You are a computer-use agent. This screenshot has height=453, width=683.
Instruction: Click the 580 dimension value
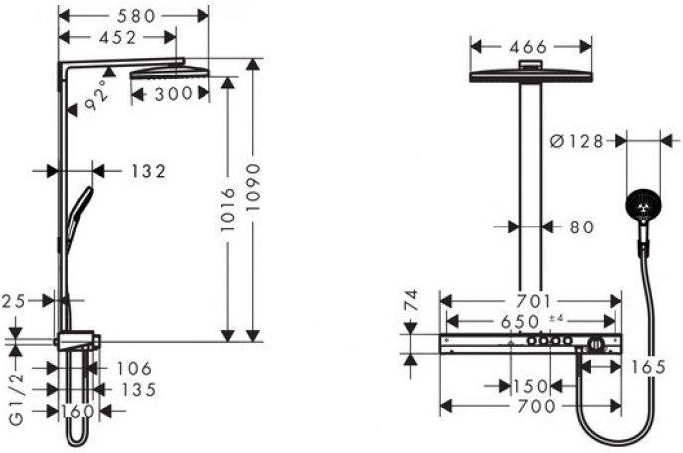[136, 16]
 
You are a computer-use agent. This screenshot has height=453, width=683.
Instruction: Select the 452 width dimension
[117, 38]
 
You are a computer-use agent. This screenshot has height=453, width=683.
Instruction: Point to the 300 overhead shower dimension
[174, 93]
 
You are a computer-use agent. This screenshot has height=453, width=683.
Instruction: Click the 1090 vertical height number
[253, 187]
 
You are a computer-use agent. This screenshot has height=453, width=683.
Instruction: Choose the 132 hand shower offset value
[148, 171]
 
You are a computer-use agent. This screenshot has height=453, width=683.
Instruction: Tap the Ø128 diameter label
[576, 141]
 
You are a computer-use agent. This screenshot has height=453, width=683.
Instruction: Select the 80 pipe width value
[582, 227]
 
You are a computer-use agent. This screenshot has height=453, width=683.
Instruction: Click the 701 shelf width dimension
[534, 301]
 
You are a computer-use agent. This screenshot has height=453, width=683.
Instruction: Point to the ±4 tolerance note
[556, 319]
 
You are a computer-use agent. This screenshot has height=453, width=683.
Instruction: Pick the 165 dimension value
[648, 368]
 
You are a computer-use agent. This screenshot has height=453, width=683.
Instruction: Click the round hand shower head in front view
[643, 207]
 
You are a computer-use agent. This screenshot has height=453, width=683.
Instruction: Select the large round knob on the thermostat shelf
[595, 345]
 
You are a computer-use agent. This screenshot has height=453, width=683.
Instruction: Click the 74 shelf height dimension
[412, 300]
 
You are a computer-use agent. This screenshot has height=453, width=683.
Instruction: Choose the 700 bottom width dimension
[537, 406]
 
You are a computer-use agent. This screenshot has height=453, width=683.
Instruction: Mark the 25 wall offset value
[14, 301]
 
